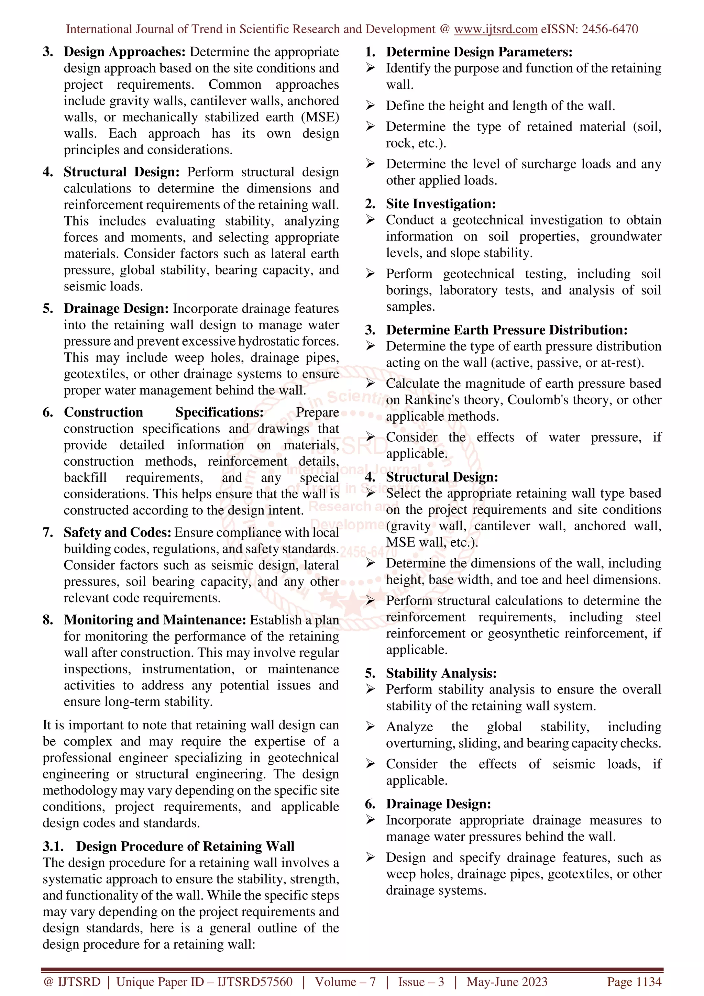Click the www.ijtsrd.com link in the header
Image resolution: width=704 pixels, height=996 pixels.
pyautogui.click(x=495, y=30)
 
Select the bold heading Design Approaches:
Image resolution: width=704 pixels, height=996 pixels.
pyautogui.click(x=124, y=52)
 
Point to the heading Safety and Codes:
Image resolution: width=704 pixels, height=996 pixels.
pyautogui.click(x=118, y=533)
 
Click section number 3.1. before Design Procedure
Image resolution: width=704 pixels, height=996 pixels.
pyautogui.click(x=53, y=847)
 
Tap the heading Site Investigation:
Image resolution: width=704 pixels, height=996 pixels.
pyautogui.click(x=441, y=204)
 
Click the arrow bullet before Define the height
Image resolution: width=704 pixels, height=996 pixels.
pyautogui.click(x=370, y=106)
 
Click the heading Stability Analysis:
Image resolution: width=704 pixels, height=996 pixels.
pyautogui.click(x=441, y=674)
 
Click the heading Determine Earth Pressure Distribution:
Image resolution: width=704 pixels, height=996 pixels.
pyautogui.click(x=507, y=331)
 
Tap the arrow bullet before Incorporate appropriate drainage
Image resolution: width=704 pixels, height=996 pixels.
pyautogui.click(x=370, y=820)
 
